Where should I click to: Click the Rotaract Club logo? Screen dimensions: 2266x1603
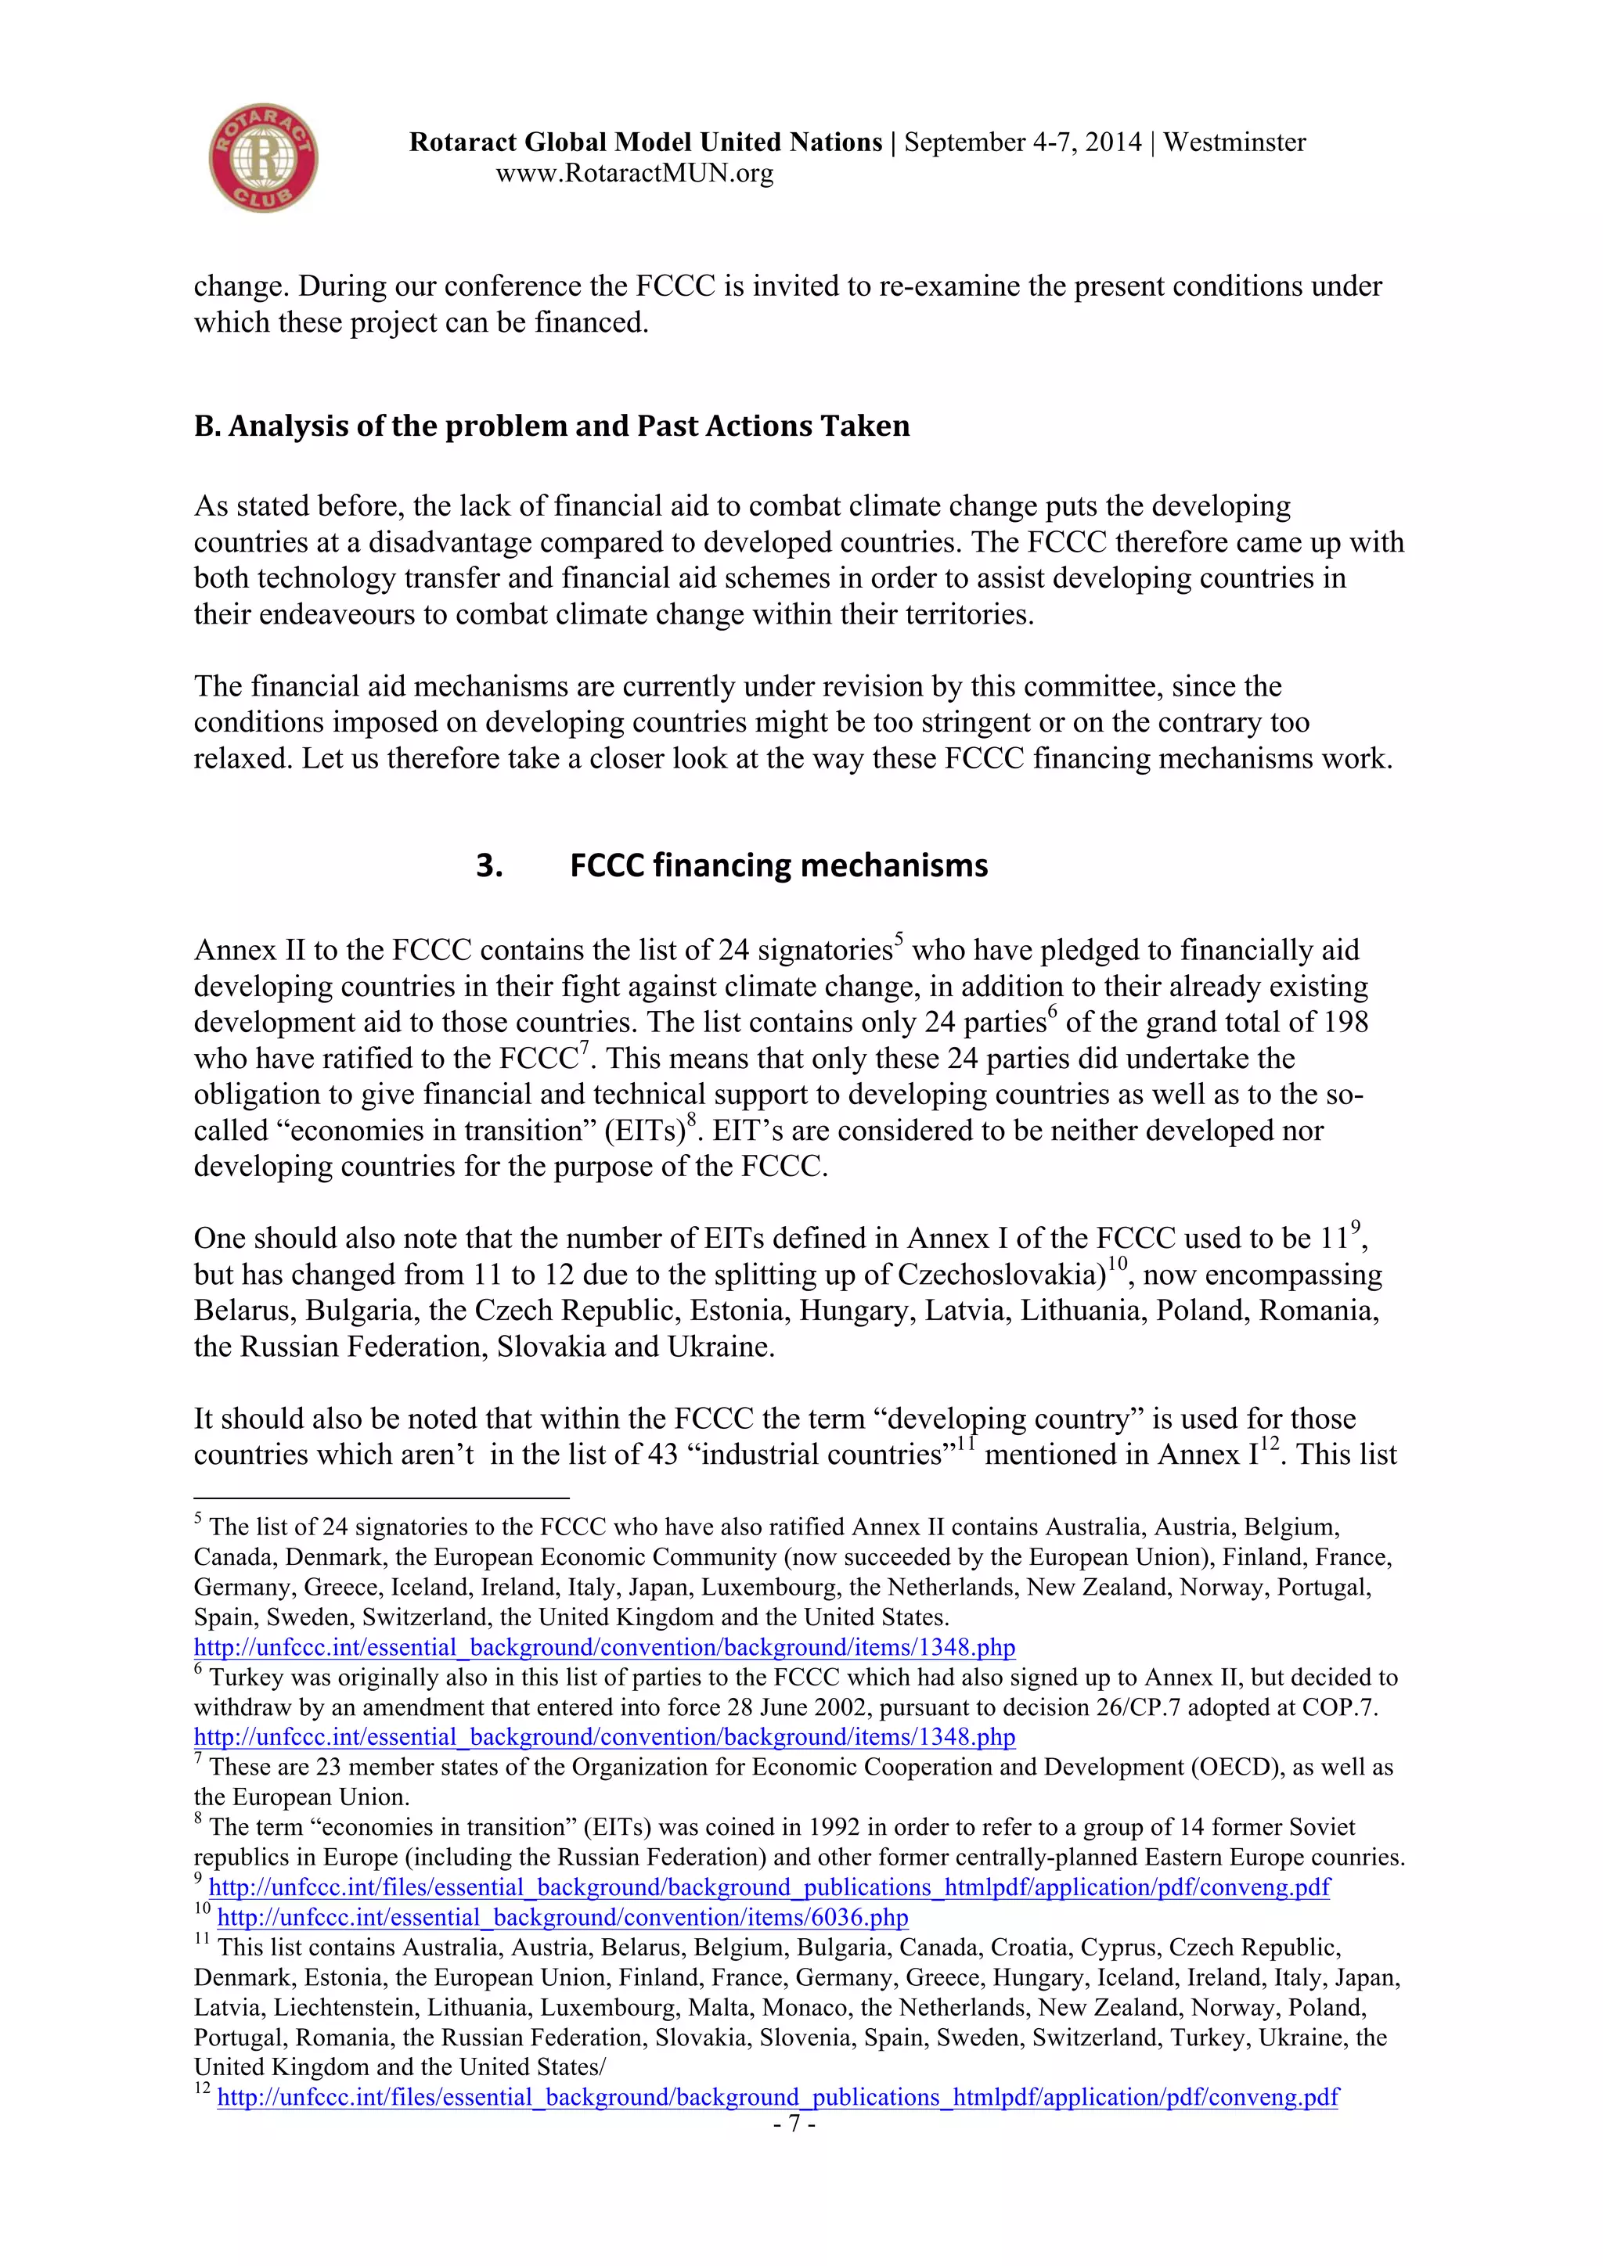[x=262, y=158]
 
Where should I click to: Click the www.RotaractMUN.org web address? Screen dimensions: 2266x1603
[x=634, y=174]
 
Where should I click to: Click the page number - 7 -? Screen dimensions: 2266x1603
[x=794, y=2124]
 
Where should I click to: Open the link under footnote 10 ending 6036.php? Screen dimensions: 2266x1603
[x=562, y=1916]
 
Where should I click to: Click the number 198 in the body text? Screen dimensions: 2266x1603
[x=1345, y=1023]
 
